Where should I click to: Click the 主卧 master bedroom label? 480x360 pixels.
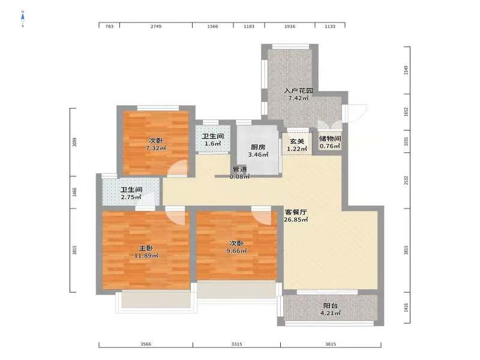[x=146, y=248]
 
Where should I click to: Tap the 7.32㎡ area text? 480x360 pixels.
[x=156, y=148]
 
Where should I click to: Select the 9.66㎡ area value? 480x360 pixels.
[x=236, y=251]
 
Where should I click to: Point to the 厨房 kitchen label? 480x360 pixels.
[x=258, y=147]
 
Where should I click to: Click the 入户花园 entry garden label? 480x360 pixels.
[x=298, y=91]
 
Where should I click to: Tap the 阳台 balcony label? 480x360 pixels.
[x=331, y=305]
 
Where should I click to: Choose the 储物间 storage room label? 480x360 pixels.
[x=330, y=139]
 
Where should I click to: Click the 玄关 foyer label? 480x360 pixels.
[x=297, y=142]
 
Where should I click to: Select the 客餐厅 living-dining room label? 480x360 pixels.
[x=296, y=212]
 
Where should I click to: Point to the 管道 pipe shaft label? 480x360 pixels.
[x=239, y=169]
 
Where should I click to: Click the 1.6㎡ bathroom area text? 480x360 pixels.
[x=213, y=143]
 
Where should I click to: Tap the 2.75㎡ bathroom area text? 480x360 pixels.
[x=131, y=197]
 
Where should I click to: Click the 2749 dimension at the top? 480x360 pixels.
[x=156, y=26]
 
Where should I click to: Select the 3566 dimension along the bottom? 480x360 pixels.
[x=146, y=344]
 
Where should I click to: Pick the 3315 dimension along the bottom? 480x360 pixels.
[x=236, y=344]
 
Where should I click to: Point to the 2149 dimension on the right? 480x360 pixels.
[x=406, y=70]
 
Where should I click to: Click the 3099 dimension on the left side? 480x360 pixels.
[x=74, y=142]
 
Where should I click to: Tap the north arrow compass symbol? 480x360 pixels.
[x=23, y=19]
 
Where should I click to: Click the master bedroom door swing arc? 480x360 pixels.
[x=178, y=217]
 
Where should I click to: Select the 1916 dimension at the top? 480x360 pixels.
[x=290, y=26]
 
